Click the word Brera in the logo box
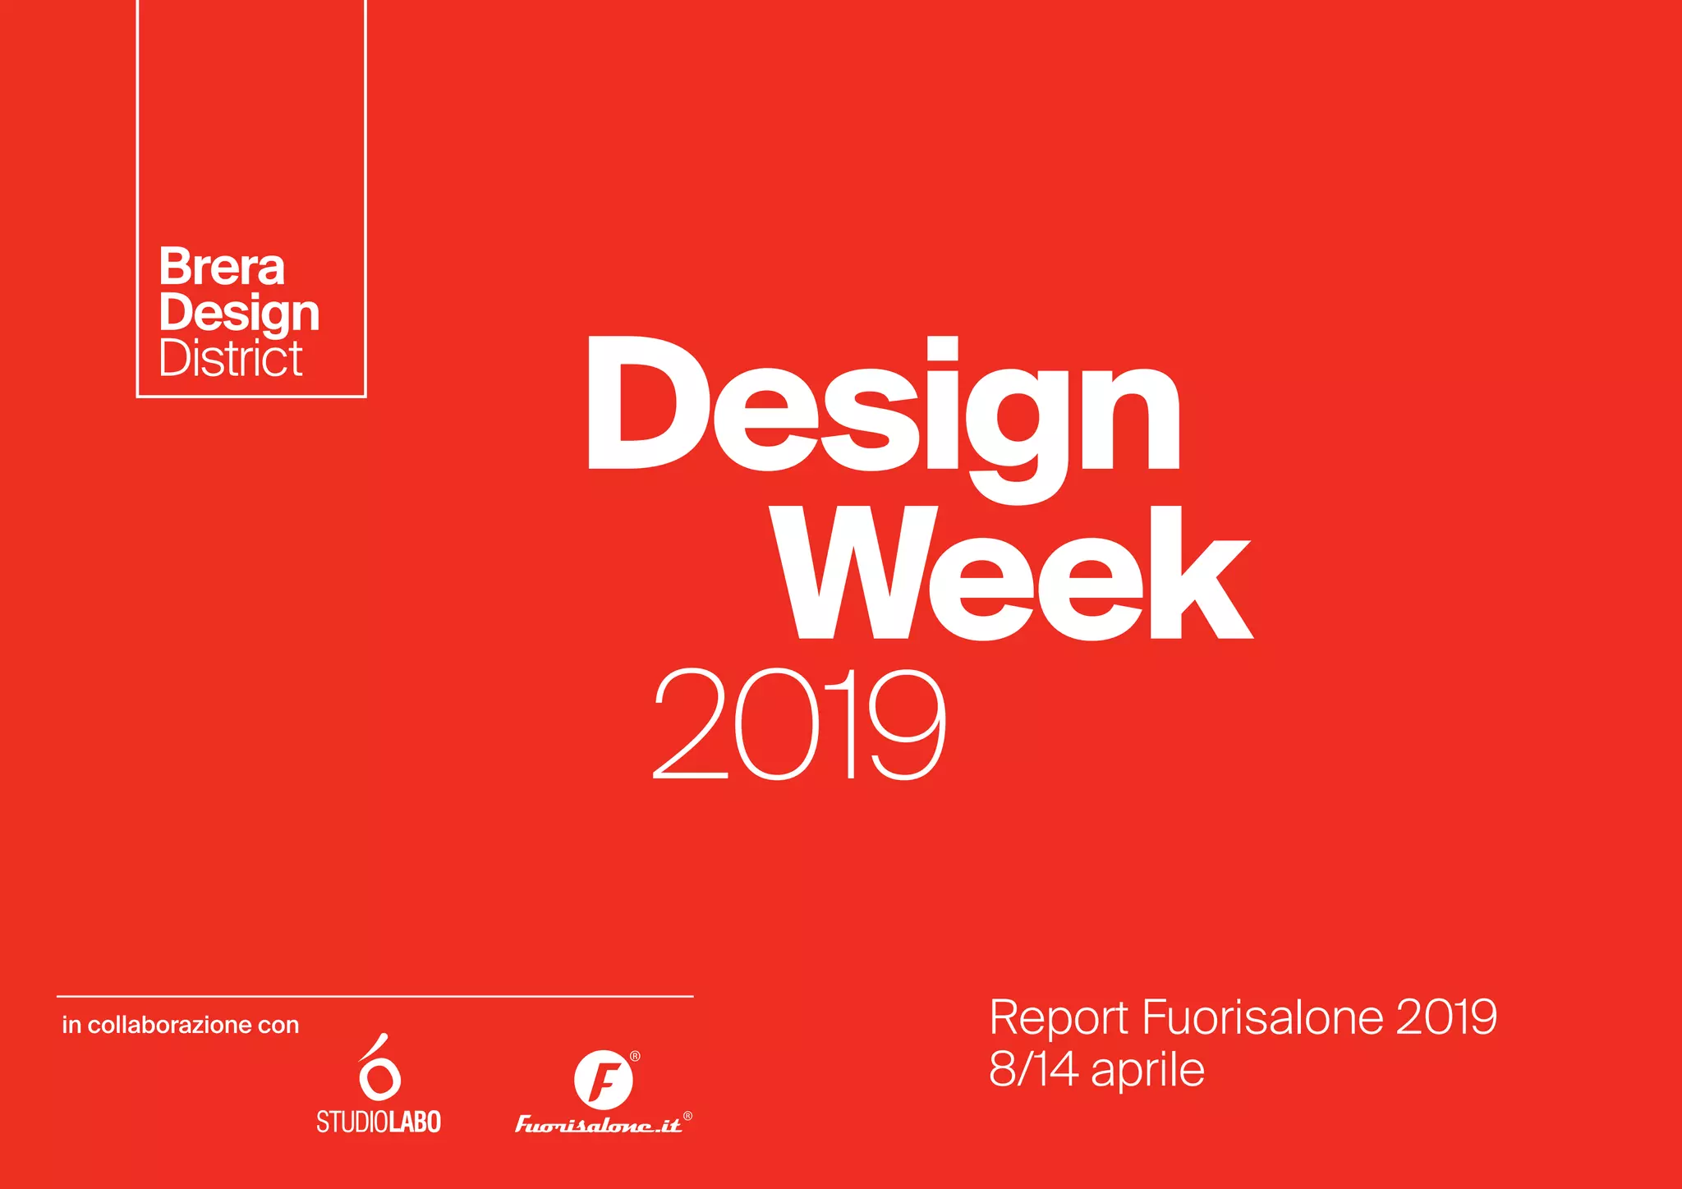point(222,267)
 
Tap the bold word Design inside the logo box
point(239,314)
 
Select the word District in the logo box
point(231,359)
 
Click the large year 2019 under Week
point(799,724)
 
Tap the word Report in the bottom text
point(1058,1017)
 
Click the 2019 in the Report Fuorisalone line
point(1446,1017)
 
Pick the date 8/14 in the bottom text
point(1033,1069)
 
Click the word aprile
point(1147,1071)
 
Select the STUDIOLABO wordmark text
point(379,1122)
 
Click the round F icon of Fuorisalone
point(603,1080)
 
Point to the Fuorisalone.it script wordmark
point(598,1124)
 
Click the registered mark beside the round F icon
point(635,1056)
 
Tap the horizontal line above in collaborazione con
point(375,996)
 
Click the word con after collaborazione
point(278,1026)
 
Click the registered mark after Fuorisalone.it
point(687,1116)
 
